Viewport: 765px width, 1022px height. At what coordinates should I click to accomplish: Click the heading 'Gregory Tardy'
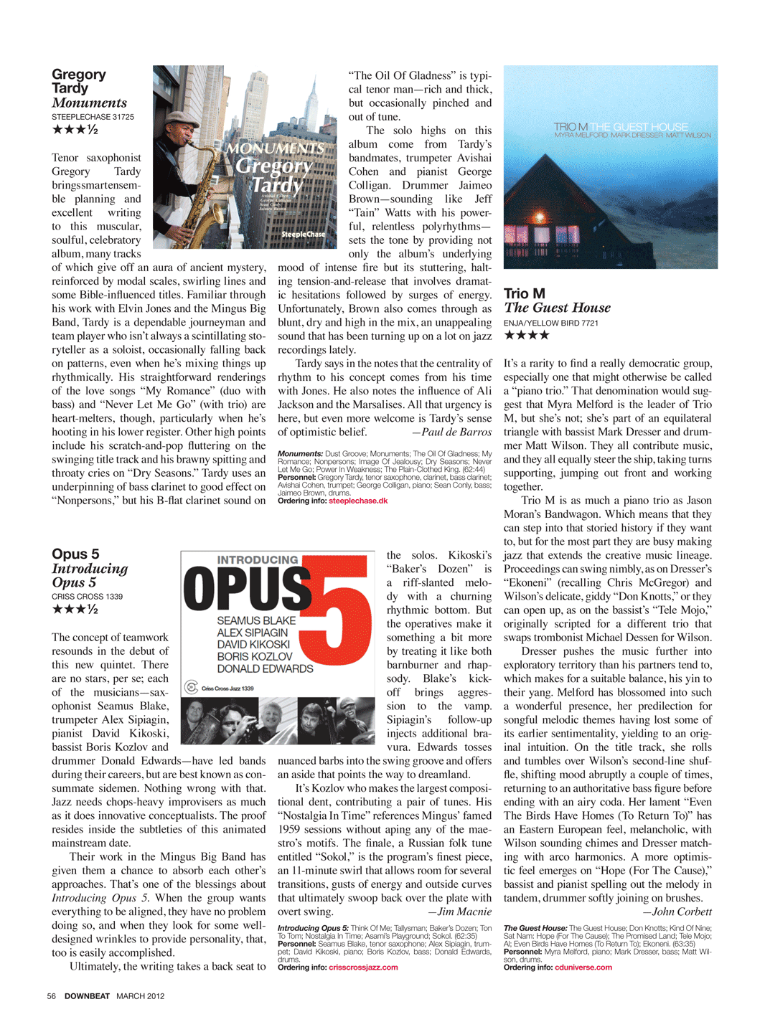(78, 81)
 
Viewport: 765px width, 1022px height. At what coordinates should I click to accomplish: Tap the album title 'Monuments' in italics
(89, 103)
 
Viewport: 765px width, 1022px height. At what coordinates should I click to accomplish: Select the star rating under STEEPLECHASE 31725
(75, 130)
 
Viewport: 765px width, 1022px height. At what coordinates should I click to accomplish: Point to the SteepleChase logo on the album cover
(303, 234)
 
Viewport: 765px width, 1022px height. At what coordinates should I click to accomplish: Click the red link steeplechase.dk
(357, 501)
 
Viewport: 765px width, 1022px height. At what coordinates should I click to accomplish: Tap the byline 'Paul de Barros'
(457, 432)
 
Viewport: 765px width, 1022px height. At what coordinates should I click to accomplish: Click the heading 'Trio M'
(525, 293)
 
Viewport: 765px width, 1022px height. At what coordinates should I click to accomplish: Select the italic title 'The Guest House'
(557, 308)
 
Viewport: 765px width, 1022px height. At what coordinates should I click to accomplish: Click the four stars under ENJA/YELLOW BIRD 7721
(527, 335)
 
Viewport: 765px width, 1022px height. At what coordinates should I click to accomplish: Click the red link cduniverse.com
(583, 967)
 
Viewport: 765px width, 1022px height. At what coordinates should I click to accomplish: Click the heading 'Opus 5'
(75, 554)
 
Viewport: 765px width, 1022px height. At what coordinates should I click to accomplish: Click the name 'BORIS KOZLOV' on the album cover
(254, 656)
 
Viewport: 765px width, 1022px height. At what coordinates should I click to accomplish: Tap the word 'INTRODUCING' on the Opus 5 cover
(258, 559)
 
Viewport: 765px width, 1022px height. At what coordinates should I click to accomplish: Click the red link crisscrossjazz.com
(362, 967)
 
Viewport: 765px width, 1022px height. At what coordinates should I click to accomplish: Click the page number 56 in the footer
(51, 996)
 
